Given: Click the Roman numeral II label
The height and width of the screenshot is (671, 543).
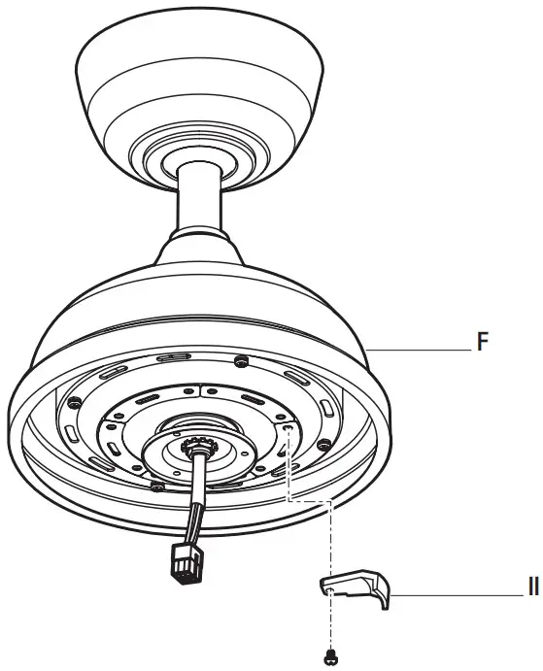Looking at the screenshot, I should click(531, 587).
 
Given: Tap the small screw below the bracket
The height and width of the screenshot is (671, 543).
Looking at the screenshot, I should click(334, 655).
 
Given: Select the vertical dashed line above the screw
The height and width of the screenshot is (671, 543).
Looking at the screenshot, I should click(333, 554).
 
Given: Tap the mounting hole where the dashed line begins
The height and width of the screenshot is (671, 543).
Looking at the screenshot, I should click(288, 434).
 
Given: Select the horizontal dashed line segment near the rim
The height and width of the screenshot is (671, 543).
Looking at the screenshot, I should click(311, 501).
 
